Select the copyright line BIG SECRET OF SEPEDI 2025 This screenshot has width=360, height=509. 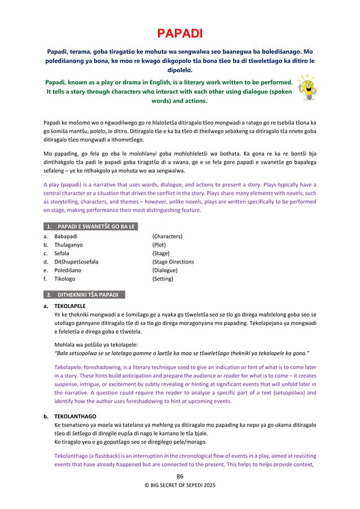point(179,485)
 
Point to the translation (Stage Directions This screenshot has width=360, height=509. point(173,262)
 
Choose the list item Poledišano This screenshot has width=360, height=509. point(68,270)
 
